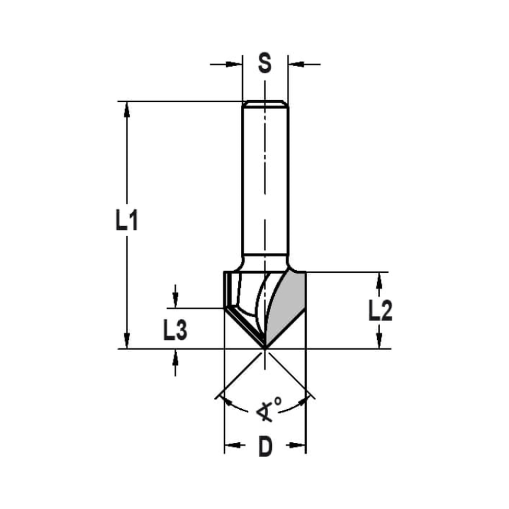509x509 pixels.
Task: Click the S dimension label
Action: tap(265, 64)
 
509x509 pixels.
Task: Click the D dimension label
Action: tap(265, 446)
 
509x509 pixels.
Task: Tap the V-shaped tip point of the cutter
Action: tap(265, 348)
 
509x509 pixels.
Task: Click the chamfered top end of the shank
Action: tap(265, 104)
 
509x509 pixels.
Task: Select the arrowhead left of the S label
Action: tap(235, 64)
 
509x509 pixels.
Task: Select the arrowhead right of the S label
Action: tap(295, 64)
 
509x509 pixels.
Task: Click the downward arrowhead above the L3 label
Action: tap(175, 301)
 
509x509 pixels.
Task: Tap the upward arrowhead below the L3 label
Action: tap(175, 356)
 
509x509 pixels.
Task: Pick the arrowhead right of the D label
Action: tap(299, 446)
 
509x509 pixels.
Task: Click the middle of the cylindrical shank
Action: tap(265, 183)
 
